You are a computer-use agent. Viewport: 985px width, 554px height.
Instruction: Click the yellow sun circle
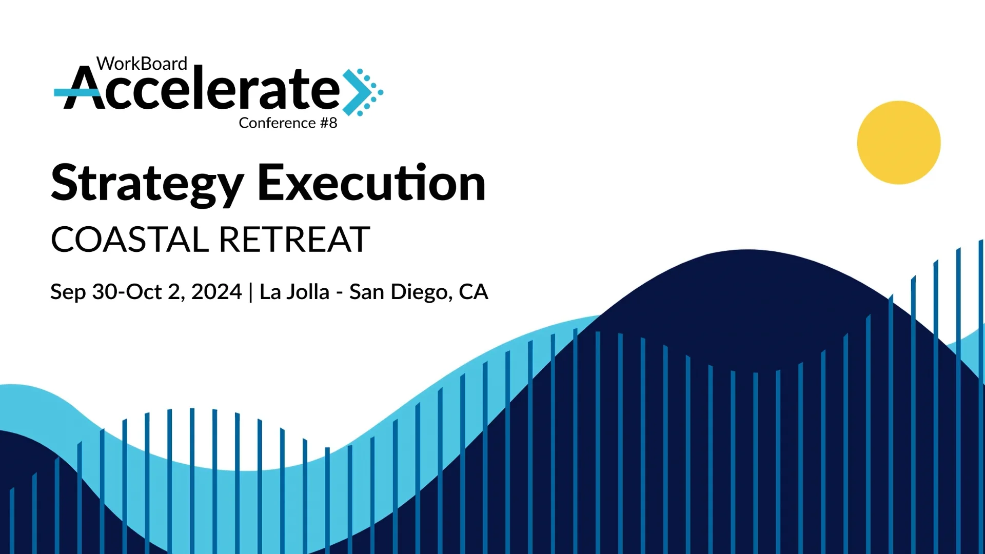[899, 143]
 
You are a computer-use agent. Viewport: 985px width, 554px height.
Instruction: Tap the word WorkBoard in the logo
[142, 64]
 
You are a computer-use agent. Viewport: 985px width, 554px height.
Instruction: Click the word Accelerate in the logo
[203, 90]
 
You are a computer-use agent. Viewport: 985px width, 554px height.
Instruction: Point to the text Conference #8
[288, 123]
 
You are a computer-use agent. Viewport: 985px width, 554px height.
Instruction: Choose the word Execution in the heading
[371, 184]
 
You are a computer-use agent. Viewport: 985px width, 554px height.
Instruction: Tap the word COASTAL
[130, 240]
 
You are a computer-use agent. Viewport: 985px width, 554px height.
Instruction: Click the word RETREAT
[294, 240]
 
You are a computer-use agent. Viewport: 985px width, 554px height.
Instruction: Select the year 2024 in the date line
[216, 292]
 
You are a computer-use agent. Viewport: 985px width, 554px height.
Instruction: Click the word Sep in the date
[68, 292]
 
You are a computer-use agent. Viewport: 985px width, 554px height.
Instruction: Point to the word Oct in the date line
[144, 292]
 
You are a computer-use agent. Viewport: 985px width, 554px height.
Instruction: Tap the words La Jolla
[294, 292]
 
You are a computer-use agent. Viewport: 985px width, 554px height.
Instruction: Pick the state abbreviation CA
[473, 292]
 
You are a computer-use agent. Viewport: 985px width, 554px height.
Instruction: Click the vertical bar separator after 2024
[250, 292]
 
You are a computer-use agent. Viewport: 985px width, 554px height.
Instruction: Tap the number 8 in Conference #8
[333, 123]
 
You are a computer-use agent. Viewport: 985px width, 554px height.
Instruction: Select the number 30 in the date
[105, 292]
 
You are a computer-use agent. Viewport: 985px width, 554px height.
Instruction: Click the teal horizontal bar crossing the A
[69, 92]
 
